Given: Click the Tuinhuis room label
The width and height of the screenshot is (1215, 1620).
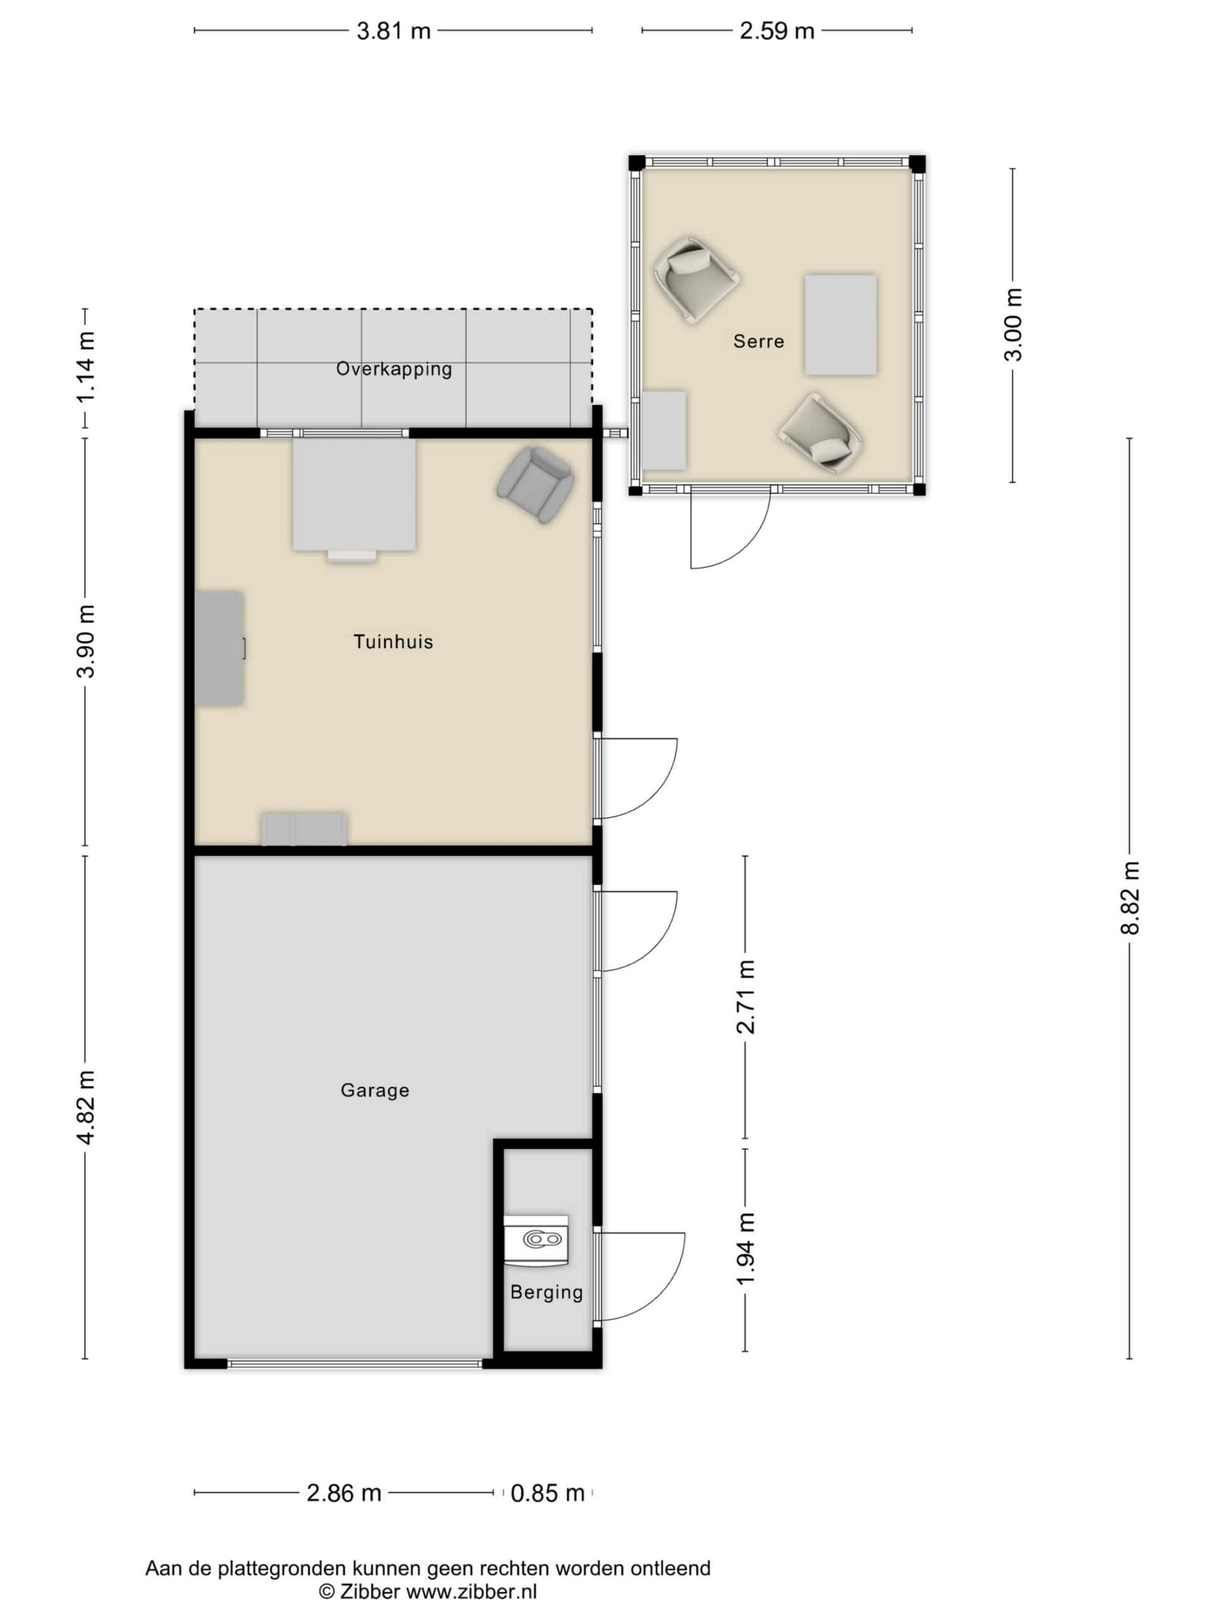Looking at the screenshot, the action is (393, 642).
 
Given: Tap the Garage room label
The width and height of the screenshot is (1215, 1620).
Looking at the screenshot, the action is (375, 1090).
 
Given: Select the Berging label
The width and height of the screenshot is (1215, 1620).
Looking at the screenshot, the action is (546, 1293).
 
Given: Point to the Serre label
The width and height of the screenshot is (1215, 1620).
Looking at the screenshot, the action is (759, 341).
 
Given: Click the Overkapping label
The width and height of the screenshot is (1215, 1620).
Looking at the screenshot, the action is (394, 369).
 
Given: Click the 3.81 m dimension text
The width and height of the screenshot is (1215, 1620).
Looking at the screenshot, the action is (393, 32).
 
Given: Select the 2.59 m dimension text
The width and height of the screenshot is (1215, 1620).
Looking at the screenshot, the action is (777, 32).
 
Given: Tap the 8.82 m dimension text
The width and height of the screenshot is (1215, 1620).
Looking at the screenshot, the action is (1130, 898).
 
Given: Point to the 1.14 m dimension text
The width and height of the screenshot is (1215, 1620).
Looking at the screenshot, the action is (85, 367).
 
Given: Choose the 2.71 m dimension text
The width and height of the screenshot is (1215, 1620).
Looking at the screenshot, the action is (745, 997).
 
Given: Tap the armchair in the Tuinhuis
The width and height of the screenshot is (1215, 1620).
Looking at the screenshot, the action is (535, 485).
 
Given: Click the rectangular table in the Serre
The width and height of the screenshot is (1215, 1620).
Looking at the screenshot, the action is (841, 325).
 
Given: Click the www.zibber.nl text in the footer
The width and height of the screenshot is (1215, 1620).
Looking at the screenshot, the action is (471, 1591).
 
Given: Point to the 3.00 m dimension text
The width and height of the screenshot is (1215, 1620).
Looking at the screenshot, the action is (1014, 325).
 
